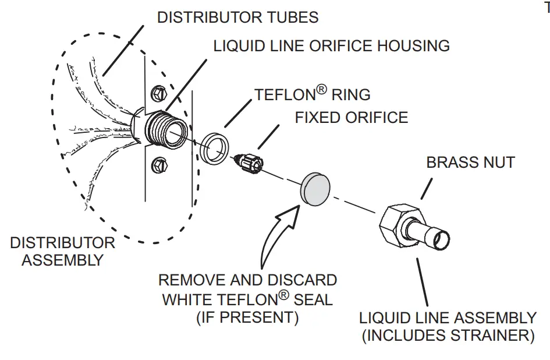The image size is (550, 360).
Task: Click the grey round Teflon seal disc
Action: (315, 189)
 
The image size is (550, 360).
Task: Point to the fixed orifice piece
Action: (247, 162)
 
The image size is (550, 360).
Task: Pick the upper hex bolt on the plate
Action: (157, 93)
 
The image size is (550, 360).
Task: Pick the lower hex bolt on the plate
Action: (158, 165)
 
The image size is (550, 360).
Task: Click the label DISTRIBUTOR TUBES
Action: (237, 17)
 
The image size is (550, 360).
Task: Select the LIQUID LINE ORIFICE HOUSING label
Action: (331, 46)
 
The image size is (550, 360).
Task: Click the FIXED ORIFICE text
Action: (351, 118)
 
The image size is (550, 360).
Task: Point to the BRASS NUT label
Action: (470, 162)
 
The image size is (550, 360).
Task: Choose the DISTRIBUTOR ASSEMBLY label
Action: (62, 251)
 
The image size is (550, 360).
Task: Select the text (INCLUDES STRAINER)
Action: (448, 336)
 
